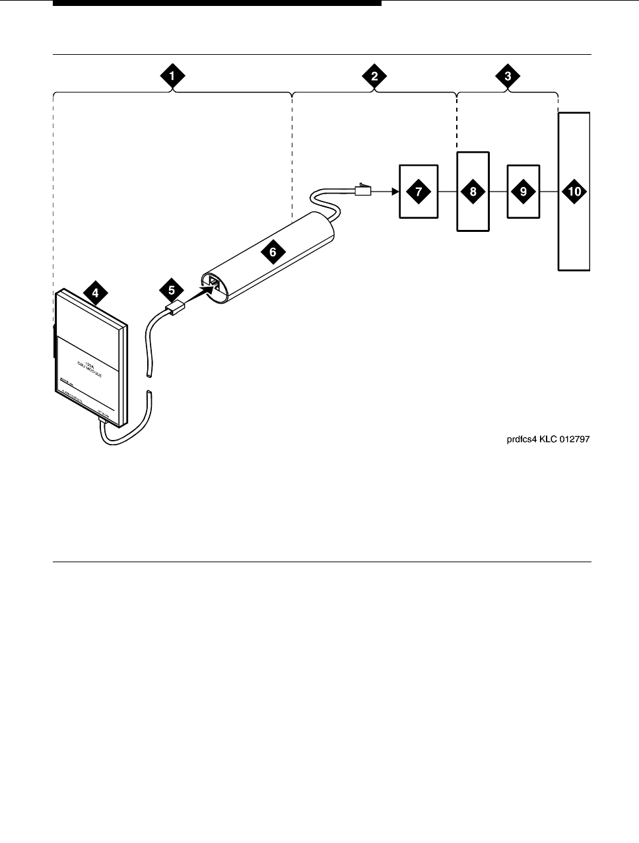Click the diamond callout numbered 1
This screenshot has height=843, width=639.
(172, 76)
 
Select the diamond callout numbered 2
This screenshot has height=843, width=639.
(375, 76)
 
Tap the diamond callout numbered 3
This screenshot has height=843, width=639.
(508, 76)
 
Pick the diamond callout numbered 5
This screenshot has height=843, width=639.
(172, 289)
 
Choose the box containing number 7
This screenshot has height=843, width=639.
(419, 192)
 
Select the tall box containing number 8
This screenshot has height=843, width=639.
(473, 192)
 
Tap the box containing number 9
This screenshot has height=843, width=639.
(523, 192)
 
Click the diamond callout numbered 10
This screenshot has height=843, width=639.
(574, 192)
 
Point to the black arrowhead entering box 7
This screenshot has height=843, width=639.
(395, 192)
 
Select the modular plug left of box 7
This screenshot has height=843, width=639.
(363, 191)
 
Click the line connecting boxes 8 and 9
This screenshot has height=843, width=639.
(498, 192)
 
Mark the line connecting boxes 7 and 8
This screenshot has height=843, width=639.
(448, 192)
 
